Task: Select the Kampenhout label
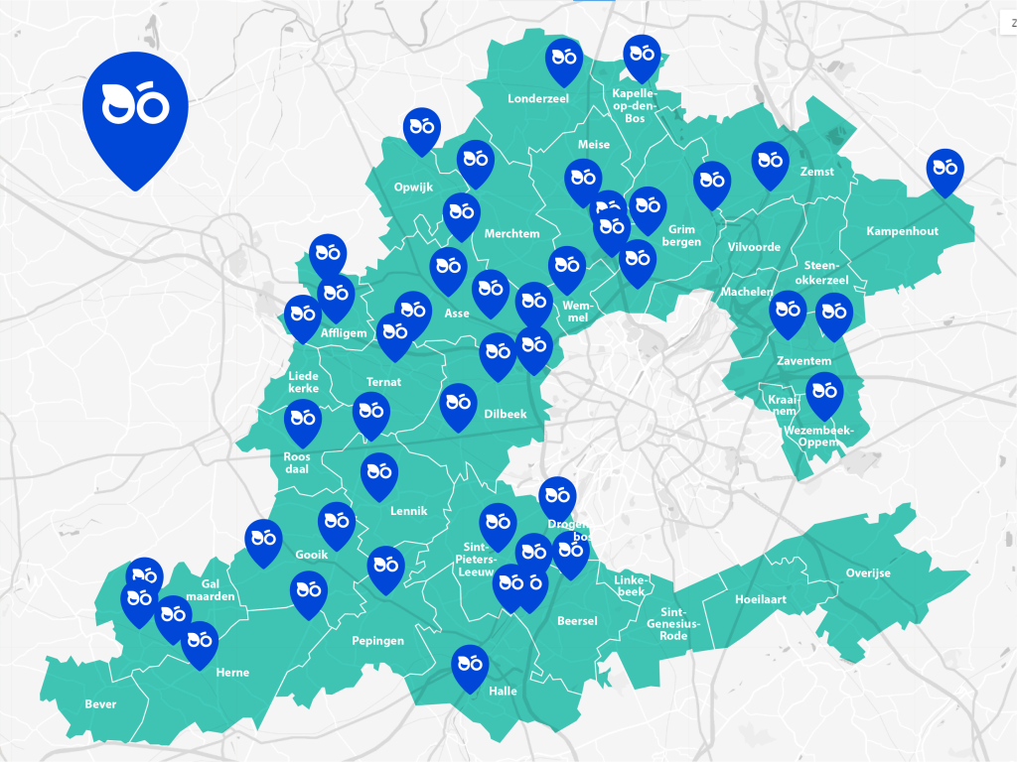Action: (902, 231)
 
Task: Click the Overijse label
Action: (868, 573)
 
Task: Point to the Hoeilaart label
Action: (760, 600)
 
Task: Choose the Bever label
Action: (100, 704)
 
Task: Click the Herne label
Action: (232, 673)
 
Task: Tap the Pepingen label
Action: (377, 641)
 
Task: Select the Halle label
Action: (504, 692)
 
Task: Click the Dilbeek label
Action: (506, 414)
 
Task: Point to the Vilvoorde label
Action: (754, 247)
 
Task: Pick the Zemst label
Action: (816, 172)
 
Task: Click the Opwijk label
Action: (413, 187)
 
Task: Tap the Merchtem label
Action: (511, 234)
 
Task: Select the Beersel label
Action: (577, 621)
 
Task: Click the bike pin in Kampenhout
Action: (944, 170)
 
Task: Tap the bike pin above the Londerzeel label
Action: (563, 59)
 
